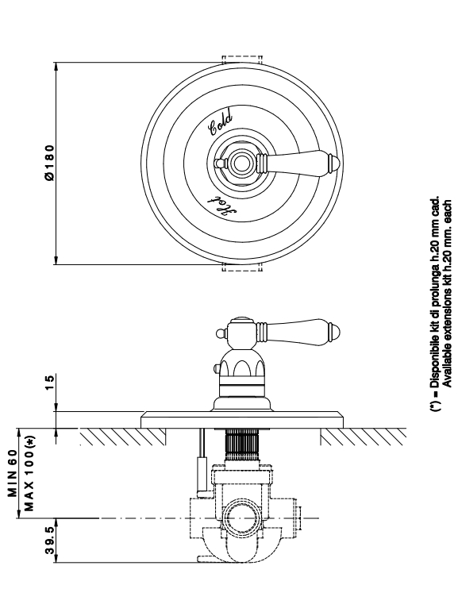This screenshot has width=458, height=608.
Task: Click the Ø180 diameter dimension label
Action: point(49,163)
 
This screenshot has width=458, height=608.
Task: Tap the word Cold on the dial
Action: point(221,123)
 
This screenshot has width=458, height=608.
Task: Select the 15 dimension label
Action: point(50,383)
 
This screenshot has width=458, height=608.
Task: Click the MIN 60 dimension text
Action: point(13,473)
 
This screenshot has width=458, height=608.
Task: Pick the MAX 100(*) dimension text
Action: point(29,473)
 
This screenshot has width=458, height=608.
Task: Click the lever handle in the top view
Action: point(298,163)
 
